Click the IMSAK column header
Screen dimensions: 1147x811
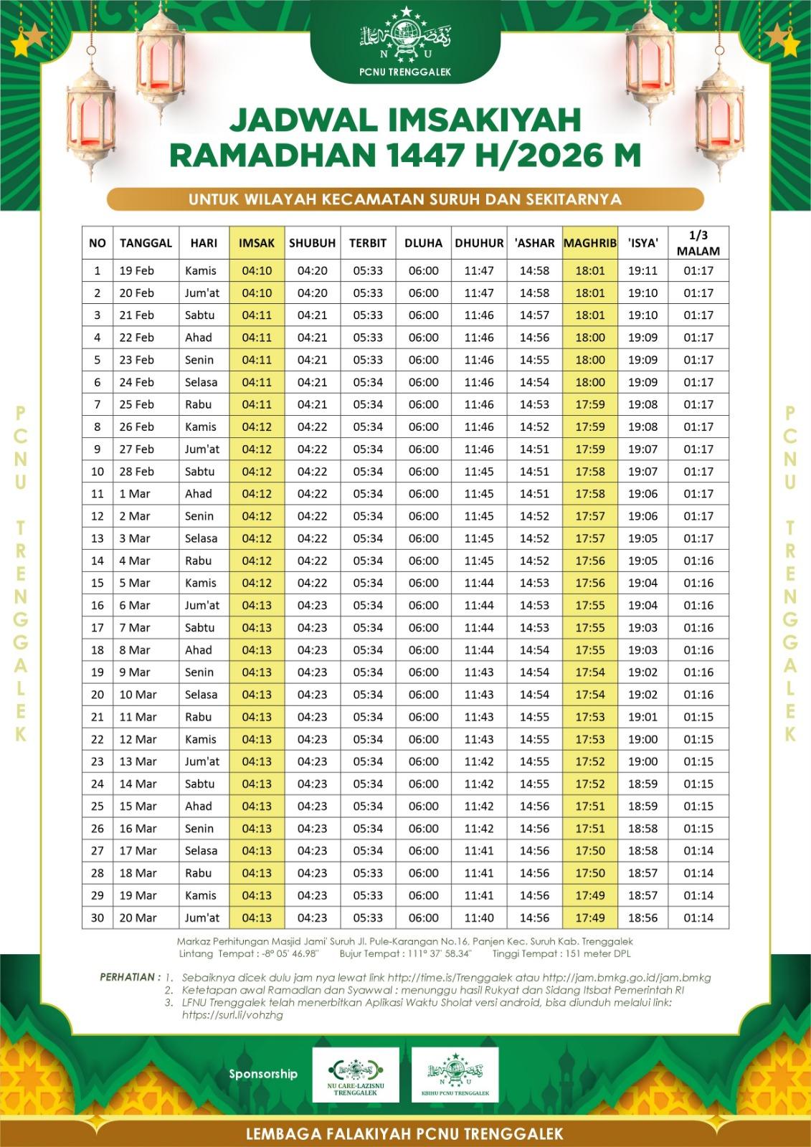257,243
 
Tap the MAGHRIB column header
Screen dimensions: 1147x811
590,243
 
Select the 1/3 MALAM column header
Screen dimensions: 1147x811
698,243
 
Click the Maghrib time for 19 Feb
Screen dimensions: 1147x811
590,271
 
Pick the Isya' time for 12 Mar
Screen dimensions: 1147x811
642,739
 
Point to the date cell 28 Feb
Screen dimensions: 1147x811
137,472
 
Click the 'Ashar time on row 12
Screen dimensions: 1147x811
534,516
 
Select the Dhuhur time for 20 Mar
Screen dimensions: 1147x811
479,918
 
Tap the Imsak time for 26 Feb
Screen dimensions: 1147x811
257,427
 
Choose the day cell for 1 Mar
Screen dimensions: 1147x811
199,494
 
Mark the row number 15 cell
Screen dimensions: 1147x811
98,583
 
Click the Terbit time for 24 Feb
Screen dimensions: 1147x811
368,382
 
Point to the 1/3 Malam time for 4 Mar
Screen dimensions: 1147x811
698,561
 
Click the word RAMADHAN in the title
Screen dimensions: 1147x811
308,156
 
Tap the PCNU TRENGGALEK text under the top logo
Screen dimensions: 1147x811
407,71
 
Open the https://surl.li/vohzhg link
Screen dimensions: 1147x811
232,1015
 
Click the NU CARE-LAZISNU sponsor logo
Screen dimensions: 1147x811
356,1073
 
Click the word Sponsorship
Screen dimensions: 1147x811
263,1074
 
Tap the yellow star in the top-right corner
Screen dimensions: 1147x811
791,44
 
